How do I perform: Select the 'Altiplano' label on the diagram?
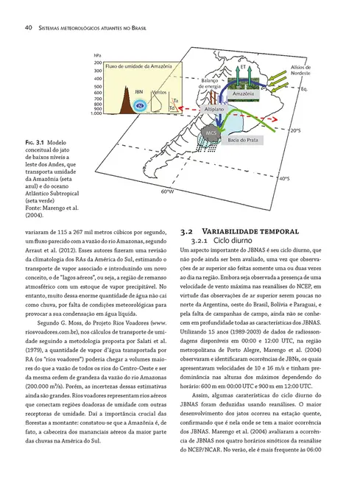click(x=213, y=108)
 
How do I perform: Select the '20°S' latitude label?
click(x=294, y=130)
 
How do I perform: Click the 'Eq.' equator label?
click(x=304, y=89)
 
